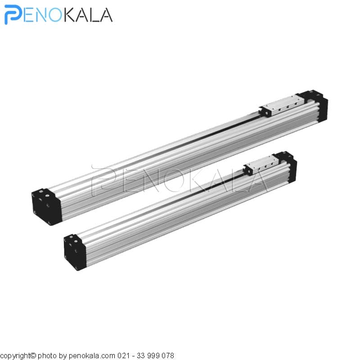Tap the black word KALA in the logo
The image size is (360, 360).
[x=87, y=15]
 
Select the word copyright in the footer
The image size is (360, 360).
[x=15, y=355]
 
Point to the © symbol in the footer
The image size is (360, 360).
[x=33, y=355]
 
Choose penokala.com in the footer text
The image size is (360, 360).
[x=92, y=356]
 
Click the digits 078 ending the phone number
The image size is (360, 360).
[x=168, y=355]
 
